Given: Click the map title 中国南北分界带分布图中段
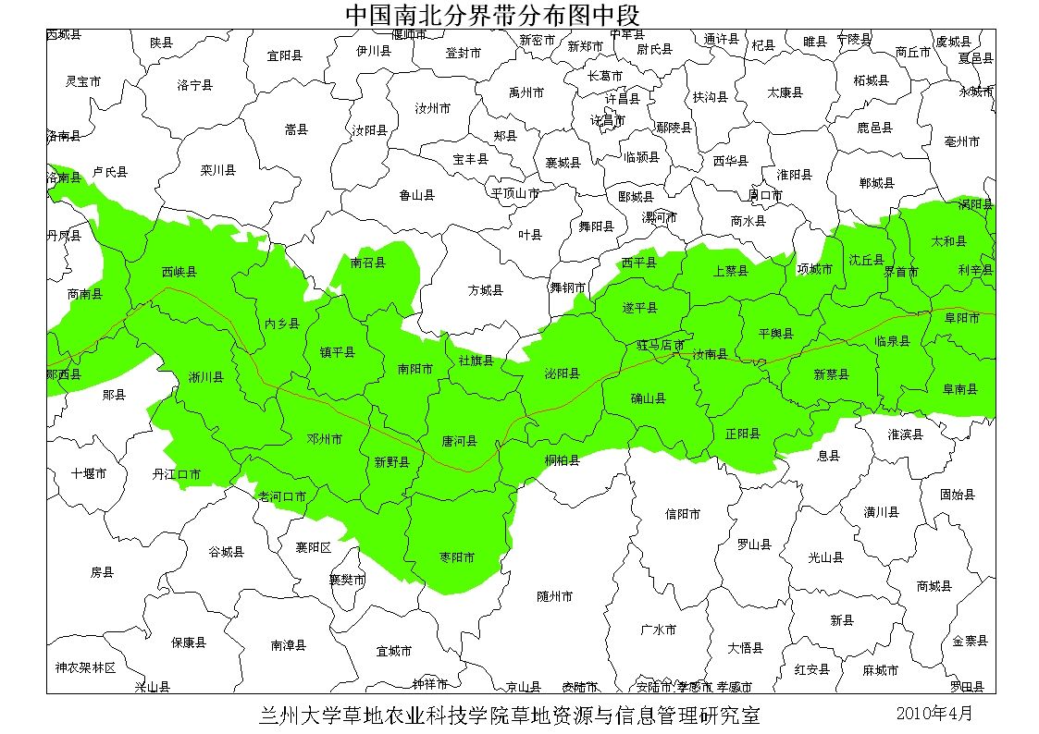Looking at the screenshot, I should click(492, 15).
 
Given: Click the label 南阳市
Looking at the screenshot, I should click(415, 369).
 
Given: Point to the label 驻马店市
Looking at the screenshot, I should click(661, 345).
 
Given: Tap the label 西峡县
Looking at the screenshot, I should click(179, 272).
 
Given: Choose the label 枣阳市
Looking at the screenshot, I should click(457, 557).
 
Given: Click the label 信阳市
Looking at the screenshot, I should click(683, 513).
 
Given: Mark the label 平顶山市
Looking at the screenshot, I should click(514, 193).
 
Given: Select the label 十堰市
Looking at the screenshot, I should click(89, 473).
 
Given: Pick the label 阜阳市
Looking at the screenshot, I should click(961, 317).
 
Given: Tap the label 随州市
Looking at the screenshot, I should click(555, 596).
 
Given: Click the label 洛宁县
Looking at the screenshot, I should click(194, 85).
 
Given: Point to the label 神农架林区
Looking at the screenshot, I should click(85, 667).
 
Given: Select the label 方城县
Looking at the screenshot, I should click(485, 290).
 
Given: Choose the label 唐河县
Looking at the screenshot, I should click(459, 441).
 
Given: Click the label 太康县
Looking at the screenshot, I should click(785, 92).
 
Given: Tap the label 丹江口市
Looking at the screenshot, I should click(177, 474).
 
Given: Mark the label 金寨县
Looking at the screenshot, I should click(970, 641).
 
